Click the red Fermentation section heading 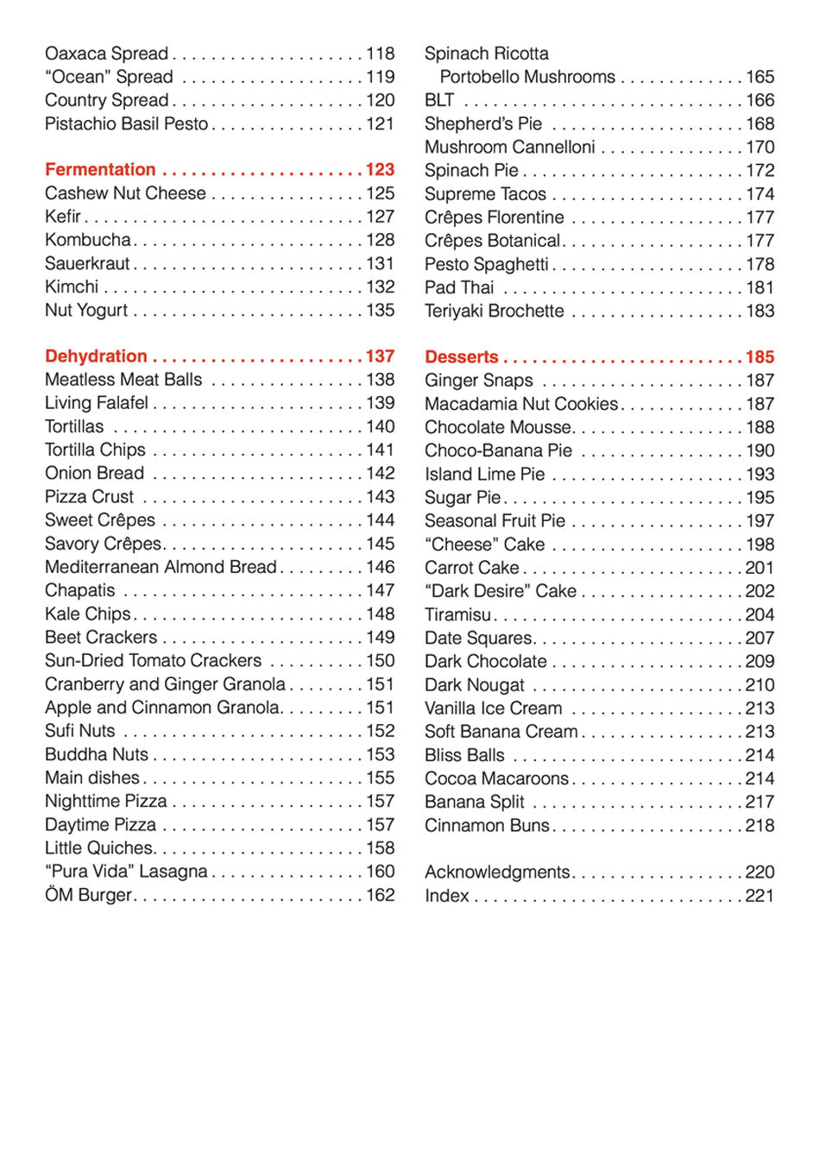(100, 169)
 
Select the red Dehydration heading (96, 356)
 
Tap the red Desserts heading (461, 356)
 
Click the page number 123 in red (380, 169)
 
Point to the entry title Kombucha (87, 240)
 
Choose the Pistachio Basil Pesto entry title (126, 123)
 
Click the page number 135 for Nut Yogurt (380, 310)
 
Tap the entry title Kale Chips (87, 614)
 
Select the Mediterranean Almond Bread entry (161, 567)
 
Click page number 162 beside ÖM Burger (380, 895)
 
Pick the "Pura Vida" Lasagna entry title (126, 872)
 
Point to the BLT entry (438, 100)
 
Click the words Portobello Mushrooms (527, 77)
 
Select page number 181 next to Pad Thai (760, 287)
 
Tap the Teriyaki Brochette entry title (494, 311)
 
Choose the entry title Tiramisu (457, 614)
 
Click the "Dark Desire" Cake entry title (500, 591)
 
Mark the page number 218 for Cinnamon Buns (760, 825)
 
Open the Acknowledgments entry (496, 872)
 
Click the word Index (446, 896)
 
